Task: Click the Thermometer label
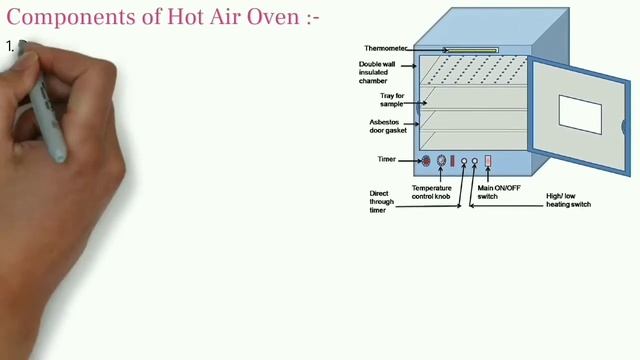point(384,48)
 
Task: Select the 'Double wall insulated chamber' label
point(381,72)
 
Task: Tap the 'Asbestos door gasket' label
point(384,127)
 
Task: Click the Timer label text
point(386,159)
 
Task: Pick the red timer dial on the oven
point(425,160)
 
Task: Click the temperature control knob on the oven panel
point(440,160)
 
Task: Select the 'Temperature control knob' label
point(432,192)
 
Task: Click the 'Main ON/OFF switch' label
point(501,192)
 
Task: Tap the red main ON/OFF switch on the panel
point(489,160)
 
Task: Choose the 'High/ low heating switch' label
point(569,200)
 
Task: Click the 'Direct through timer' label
point(381,200)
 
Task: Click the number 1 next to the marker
point(9,46)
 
